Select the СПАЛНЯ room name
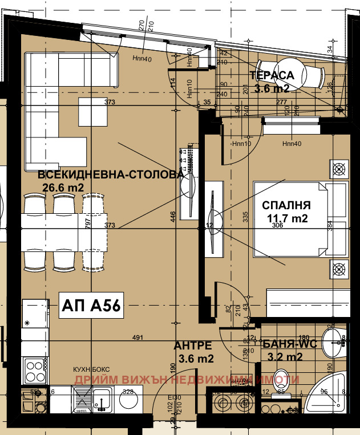click(x=286, y=205)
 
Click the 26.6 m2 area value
click(x=63, y=186)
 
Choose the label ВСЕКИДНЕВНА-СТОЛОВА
click(x=111, y=174)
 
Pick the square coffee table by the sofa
click(x=92, y=112)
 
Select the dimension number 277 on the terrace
click(x=281, y=101)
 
